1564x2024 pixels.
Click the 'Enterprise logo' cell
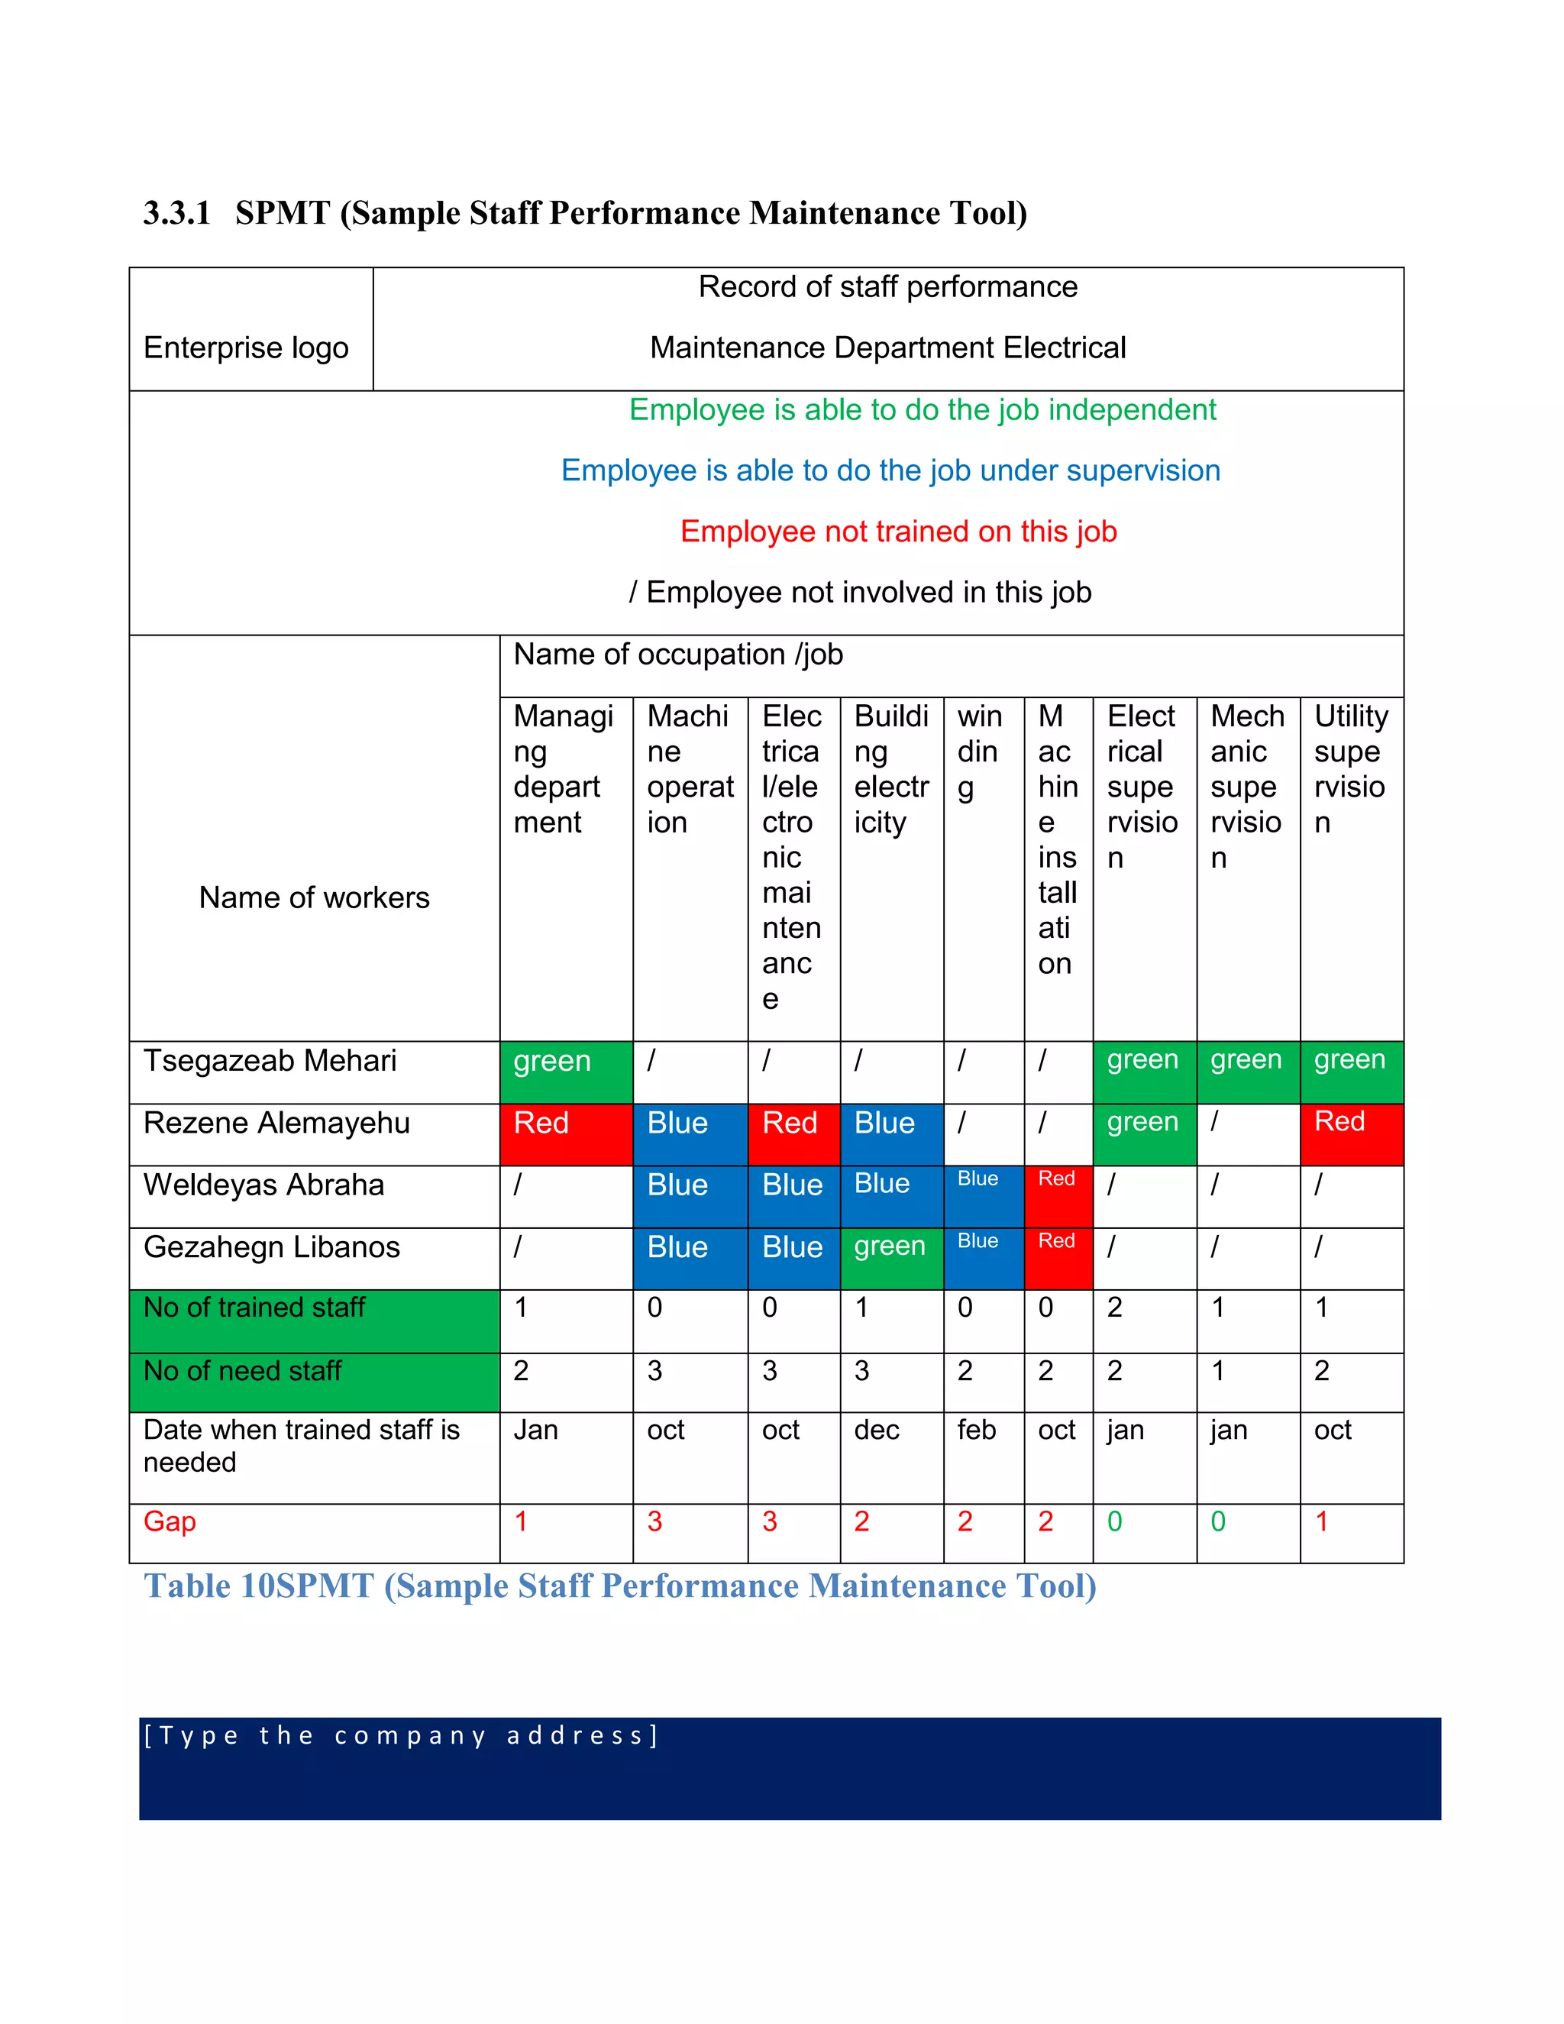[x=247, y=348]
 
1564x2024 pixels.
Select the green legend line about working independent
[x=922, y=409]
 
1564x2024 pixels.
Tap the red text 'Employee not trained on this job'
[x=898, y=532]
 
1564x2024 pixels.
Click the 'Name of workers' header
[x=314, y=897]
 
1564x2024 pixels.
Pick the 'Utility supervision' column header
[x=1351, y=769]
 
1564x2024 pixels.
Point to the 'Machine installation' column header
[x=1057, y=839]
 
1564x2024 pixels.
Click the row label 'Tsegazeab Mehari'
[x=270, y=1061]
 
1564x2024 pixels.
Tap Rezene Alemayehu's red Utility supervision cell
[x=1351, y=1133]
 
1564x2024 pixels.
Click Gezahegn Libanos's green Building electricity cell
[x=890, y=1258]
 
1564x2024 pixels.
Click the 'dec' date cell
[x=877, y=1431]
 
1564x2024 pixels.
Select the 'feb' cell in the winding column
[x=977, y=1431]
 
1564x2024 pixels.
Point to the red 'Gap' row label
[x=170, y=1521]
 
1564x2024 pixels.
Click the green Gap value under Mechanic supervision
[x=1218, y=1521]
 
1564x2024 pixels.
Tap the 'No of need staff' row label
[x=243, y=1371]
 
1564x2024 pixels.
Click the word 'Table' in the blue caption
[x=187, y=1586]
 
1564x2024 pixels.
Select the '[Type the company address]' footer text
[x=400, y=1735]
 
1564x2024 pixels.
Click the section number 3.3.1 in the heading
[x=176, y=213]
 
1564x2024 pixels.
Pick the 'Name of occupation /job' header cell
[x=678, y=655]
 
